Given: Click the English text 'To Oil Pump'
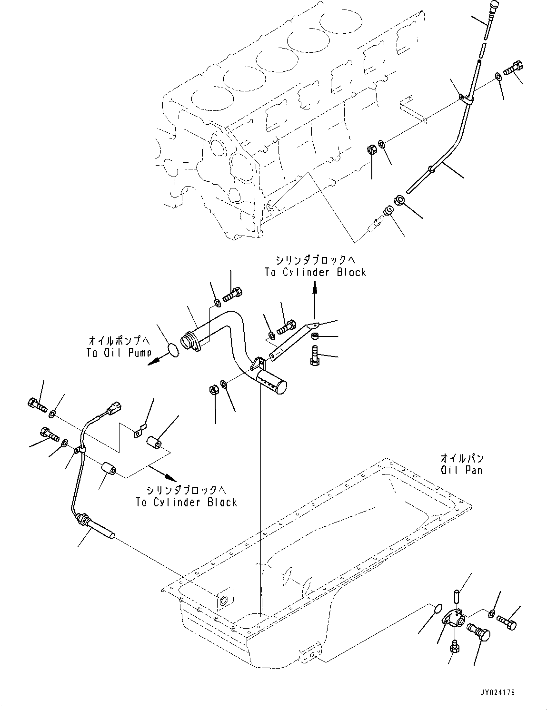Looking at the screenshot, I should click(119, 353).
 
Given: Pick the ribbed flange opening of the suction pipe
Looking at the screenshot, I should click(188, 343).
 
